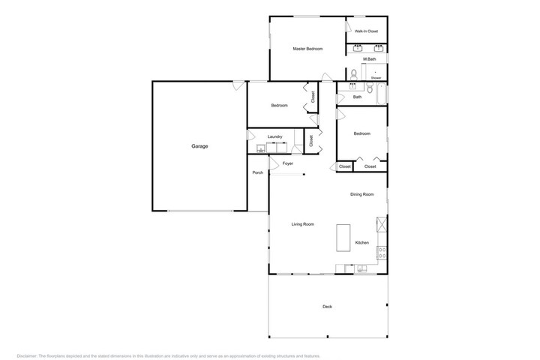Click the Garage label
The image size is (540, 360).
point(199,146)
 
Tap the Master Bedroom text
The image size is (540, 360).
point(308,49)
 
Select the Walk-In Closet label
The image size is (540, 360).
point(367,31)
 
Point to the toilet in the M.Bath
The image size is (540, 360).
point(354,75)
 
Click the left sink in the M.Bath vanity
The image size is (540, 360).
point(358,48)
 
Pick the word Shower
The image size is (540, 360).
point(376,78)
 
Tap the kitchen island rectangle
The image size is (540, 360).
point(343,238)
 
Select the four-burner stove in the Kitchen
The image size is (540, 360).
point(382,253)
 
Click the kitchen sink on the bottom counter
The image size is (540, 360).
point(361,268)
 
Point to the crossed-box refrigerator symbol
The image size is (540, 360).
point(382,224)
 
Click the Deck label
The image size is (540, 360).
point(327,307)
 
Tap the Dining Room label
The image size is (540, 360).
point(362,194)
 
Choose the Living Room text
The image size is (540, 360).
point(303,224)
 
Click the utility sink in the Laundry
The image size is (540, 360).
point(261,148)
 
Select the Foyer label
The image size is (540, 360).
point(288,163)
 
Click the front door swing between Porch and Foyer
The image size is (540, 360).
point(274,163)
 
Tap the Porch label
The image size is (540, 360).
point(257,172)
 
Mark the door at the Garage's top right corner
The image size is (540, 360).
point(238,85)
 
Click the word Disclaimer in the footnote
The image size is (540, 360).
point(27,355)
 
